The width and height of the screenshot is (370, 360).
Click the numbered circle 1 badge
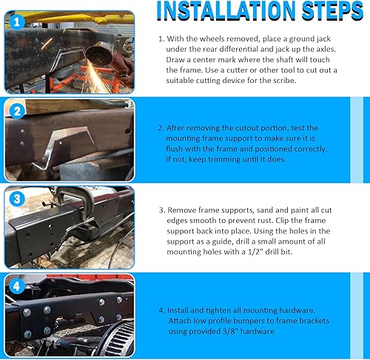[x=17, y=22]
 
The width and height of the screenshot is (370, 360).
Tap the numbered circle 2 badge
[x=17, y=111]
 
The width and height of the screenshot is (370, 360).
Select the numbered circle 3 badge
[x=17, y=199]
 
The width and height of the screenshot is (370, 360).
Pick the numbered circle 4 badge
[x=16, y=287]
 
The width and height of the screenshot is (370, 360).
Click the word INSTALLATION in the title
[x=226, y=11]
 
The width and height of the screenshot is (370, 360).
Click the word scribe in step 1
[x=283, y=81]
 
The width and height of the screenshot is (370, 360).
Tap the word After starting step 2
[x=175, y=128]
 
